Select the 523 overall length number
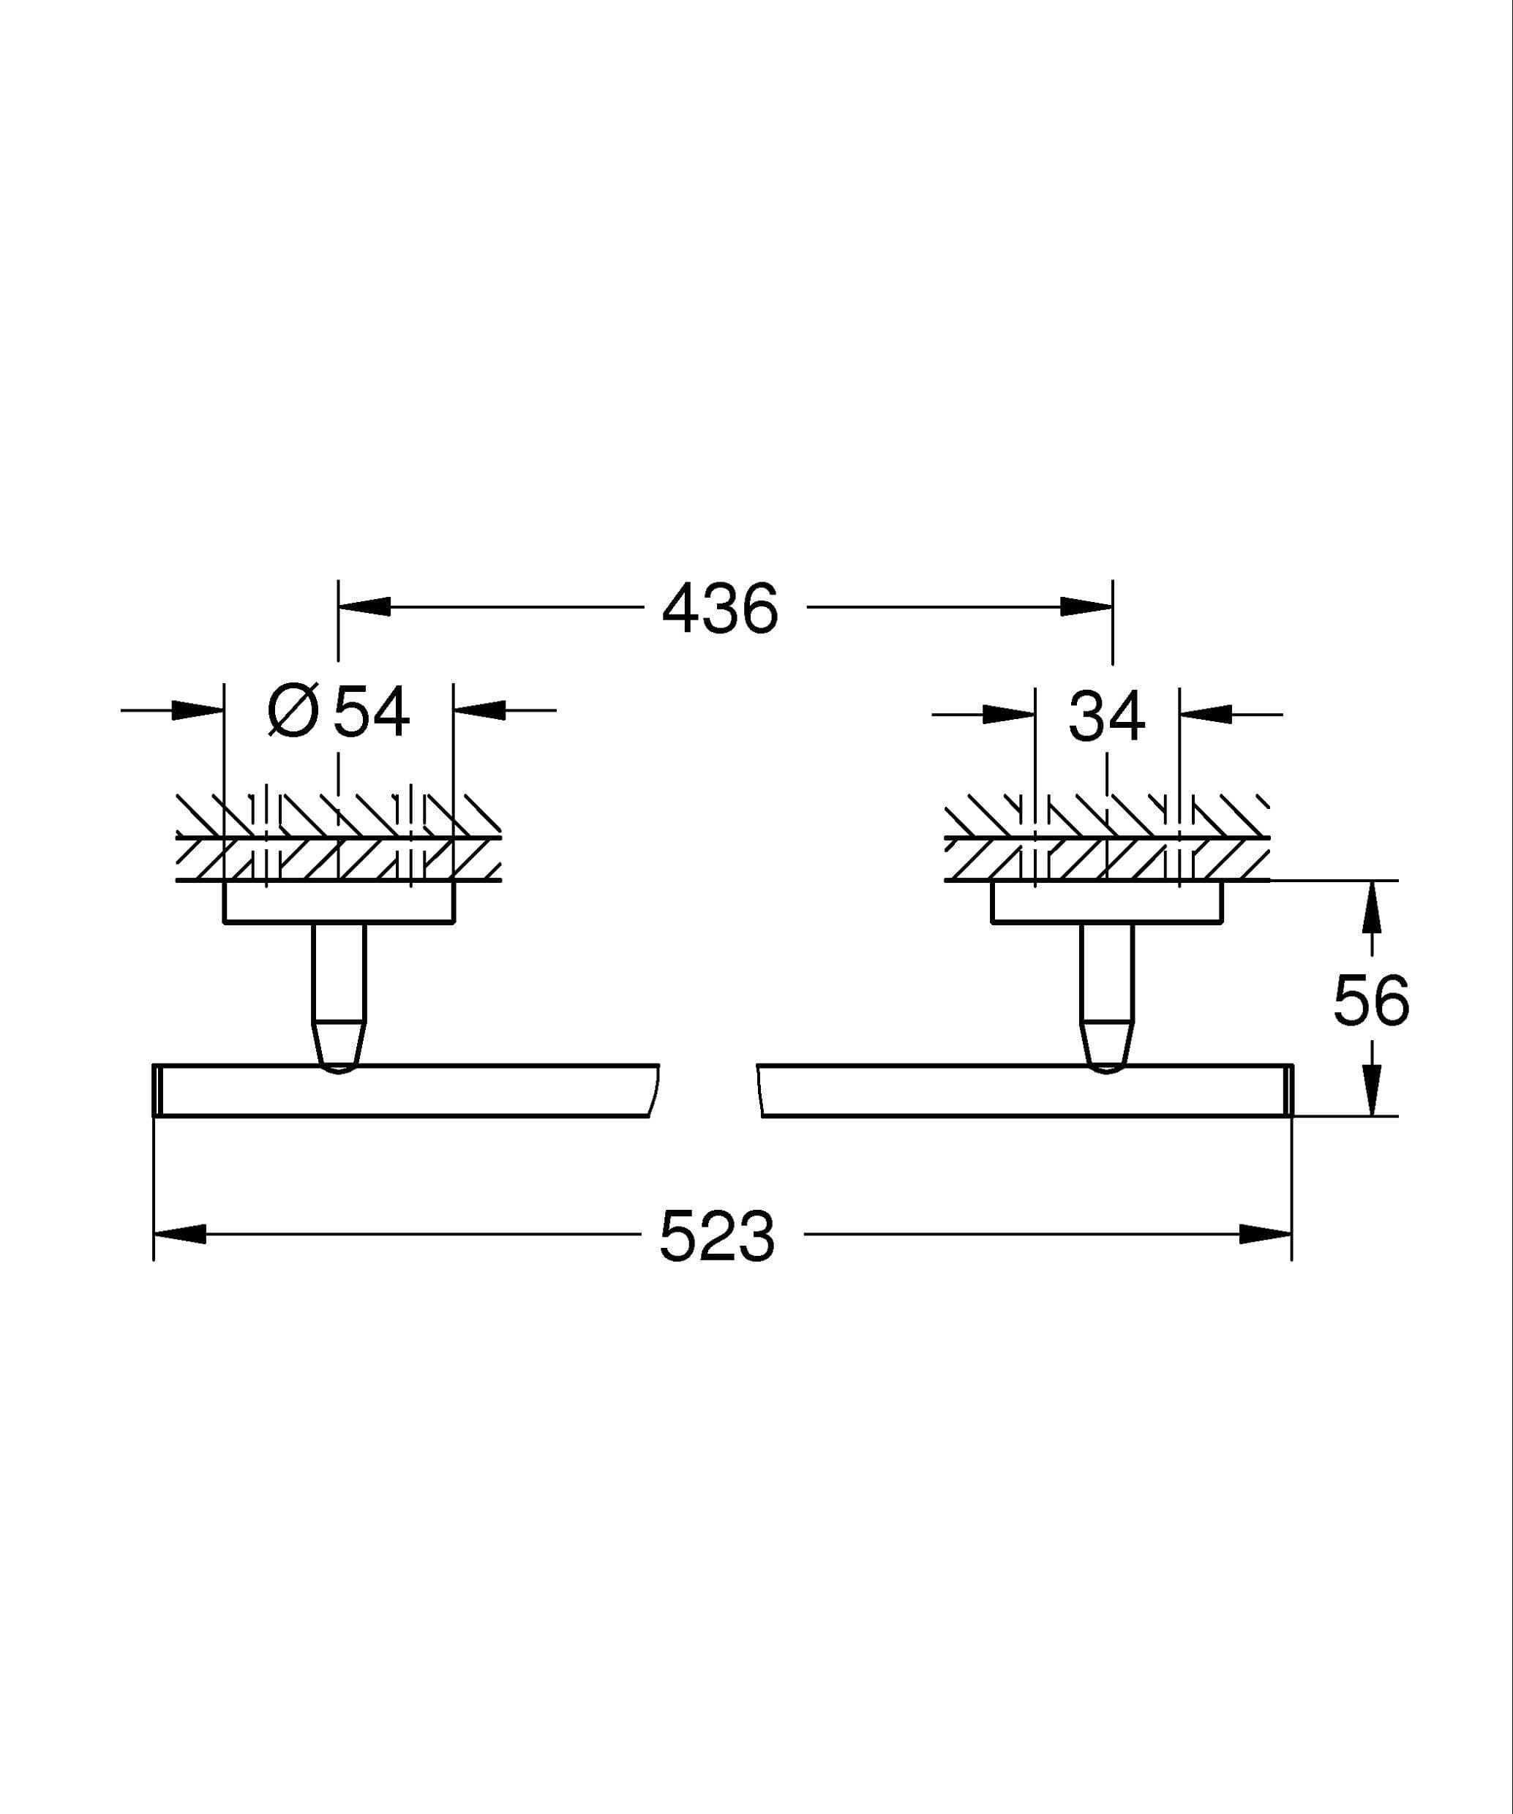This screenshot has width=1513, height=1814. [717, 1236]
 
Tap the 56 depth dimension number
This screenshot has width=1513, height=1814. [1371, 1001]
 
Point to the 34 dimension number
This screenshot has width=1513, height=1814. [1107, 715]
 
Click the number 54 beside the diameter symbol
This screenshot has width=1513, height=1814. [372, 712]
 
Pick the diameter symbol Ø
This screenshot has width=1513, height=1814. [294, 712]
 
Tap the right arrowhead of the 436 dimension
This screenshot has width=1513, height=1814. [1086, 607]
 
